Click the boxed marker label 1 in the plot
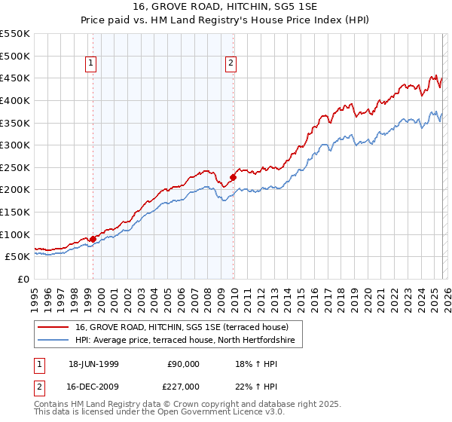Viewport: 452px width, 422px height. pyautogui.click(x=90, y=64)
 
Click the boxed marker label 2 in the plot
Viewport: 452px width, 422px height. pyautogui.click(x=230, y=64)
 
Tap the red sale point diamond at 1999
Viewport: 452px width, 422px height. pyautogui.click(x=93, y=239)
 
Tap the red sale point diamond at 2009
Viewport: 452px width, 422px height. pyautogui.click(x=233, y=178)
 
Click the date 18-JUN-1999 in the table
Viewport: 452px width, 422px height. pyautogui.click(x=93, y=363)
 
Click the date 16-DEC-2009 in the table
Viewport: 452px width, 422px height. pyautogui.click(x=93, y=386)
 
